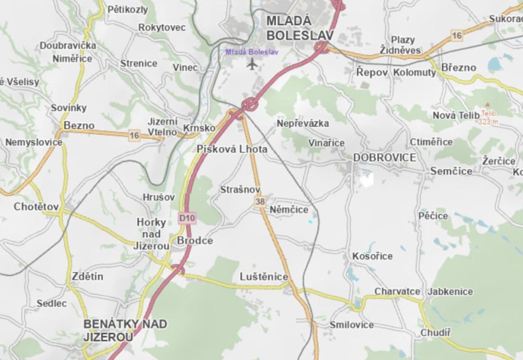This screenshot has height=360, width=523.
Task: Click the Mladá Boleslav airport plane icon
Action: click(252, 64)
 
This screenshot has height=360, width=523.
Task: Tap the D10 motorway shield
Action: click(187, 218)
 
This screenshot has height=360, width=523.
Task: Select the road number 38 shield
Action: click(260, 202)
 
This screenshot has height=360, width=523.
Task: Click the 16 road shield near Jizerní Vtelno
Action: click(134, 135)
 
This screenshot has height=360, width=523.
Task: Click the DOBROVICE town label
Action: click(384, 157)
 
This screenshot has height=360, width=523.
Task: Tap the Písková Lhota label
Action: click(232, 149)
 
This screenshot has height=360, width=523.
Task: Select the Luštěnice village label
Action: click(264, 277)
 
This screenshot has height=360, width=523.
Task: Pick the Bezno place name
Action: click(79, 126)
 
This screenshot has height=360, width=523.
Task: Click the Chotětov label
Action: click(36, 207)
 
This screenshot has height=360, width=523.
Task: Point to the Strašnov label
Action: click(240, 190)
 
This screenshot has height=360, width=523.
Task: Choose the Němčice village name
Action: click(289, 210)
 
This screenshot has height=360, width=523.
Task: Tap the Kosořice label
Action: click(372, 256)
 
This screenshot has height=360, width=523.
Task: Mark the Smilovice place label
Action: click(352, 324)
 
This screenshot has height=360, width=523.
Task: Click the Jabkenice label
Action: click(450, 291)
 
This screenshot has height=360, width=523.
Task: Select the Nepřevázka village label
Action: click(302, 123)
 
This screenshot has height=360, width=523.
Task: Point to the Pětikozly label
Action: click(127, 9)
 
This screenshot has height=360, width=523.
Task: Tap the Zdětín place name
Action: click(87, 276)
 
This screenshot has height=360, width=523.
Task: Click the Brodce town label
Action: click(194, 241)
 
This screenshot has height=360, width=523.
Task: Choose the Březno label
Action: click(459, 67)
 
